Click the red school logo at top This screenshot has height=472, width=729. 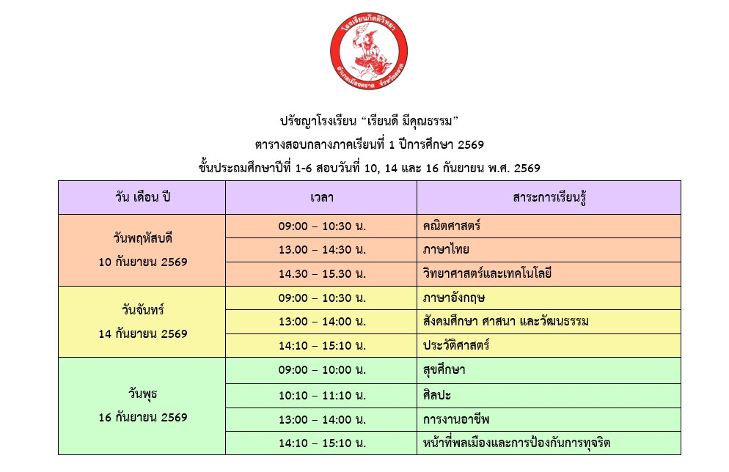click(x=369, y=51)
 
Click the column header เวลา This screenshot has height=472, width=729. click(x=322, y=197)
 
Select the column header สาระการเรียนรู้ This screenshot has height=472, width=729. click(x=549, y=198)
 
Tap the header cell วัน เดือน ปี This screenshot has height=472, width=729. click(x=142, y=197)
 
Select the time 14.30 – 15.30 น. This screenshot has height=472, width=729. click(x=322, y=273)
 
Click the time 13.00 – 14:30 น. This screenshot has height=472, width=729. click(x=322, y=250)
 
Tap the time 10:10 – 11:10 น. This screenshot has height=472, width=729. click(x=322, y=396)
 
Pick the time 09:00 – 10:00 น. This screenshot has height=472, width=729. click(x=322, y=370)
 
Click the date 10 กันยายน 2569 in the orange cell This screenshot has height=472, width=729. click(x=143, y=262)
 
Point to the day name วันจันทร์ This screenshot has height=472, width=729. click(x=143, y=309)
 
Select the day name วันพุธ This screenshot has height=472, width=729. click(x=143, y=394)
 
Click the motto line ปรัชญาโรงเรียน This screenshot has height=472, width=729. click(x=369, y=121)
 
